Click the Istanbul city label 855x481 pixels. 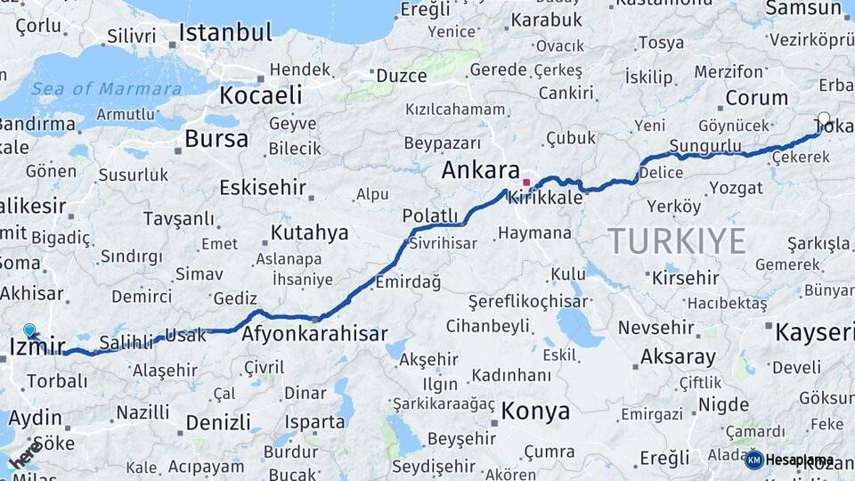click(x=224, y=33)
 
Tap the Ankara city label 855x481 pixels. click(x=480, y=169)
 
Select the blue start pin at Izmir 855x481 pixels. click(x=30, y=331)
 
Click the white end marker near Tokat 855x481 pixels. click(x=824, y=118)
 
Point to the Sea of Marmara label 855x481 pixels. click(x=106, y=89)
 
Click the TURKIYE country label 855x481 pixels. click(x=677, y=240)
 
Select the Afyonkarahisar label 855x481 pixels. click(x=314, y=334)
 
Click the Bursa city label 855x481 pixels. click(x=216, y=139)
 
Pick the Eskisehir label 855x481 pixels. click(x=263, y=188)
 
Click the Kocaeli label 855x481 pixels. click(x=261, y=94)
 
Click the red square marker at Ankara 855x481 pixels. click(x=526, y=183)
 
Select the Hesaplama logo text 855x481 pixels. click(x=800, y=461)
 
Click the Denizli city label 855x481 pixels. click(x=218, y=422)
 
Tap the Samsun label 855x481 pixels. click(x=804, y=8)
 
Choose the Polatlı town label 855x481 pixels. click(x=429, y=216)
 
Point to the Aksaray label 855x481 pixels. click(x=678, y=357)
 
